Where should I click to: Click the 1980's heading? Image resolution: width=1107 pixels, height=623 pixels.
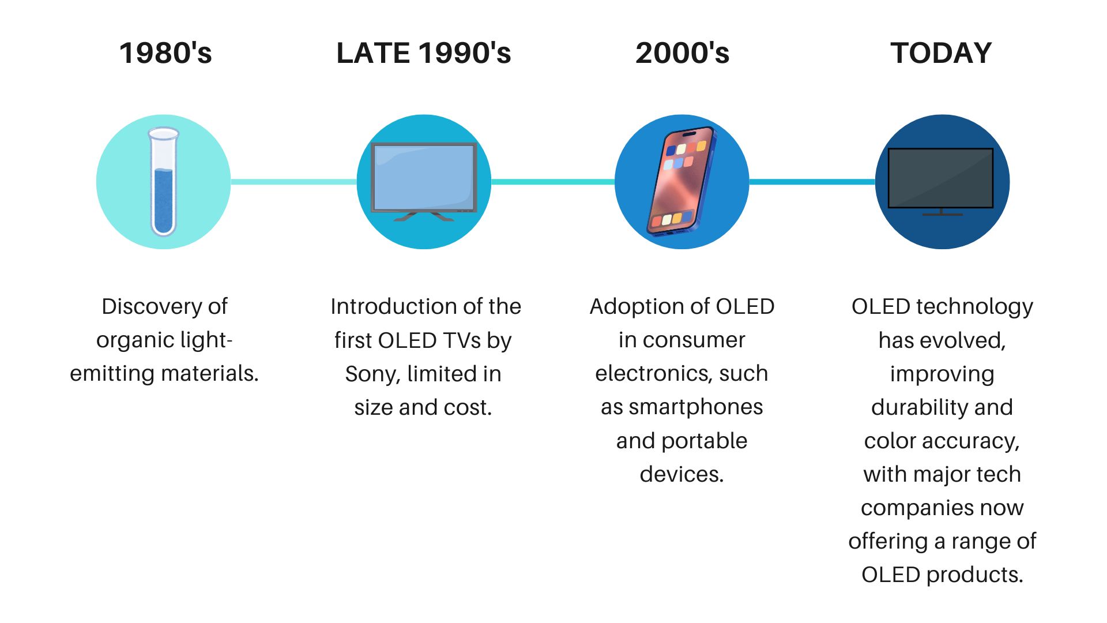tap(165, 53)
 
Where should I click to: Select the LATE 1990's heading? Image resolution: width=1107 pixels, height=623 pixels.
tap(424, 53)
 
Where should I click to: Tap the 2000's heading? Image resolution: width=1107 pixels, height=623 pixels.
tap(682, 53)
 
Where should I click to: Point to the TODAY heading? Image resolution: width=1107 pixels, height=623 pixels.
tap(941, 53)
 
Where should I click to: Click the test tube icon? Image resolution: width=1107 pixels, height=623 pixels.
tap(163, 182)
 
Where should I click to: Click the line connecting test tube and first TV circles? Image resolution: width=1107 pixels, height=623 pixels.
tap(293, 182)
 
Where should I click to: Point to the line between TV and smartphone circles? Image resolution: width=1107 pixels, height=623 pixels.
tap(553, 182)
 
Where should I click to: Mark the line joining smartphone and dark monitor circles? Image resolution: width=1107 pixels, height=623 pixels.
tap(812, 182)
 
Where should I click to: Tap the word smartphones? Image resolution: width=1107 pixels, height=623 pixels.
tap(695, 407)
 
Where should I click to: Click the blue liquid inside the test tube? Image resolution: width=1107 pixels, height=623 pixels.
tap(163, 201)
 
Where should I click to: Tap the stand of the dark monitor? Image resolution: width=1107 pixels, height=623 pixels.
tap(942, 212)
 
